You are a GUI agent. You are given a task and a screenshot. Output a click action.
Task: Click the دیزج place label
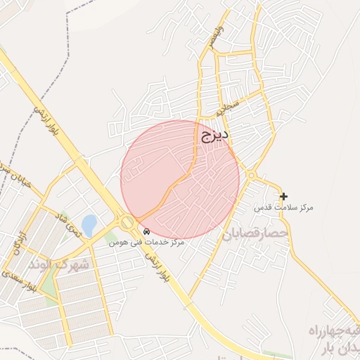pyautogui.click(x=216, y=134)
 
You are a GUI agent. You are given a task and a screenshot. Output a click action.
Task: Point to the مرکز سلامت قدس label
pyautogui.click(x=283, y=208)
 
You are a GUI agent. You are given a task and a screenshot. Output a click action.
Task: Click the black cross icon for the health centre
pyautogui.click(x=283, y=196)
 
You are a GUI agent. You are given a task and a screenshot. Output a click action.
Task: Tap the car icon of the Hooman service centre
pyautogui.click(x=146, y=231)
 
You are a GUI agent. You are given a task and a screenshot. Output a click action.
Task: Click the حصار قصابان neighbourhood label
pyautogui.click(x=255, y=233)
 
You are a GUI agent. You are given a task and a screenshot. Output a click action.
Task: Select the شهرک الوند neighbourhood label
pyautogui.click(x=60, y=265)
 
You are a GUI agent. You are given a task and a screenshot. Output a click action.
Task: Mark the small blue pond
pyautogui.click(x=89, y=226)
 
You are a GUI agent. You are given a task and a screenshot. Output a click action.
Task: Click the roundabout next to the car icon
pyautogui.click(x=127, y=223)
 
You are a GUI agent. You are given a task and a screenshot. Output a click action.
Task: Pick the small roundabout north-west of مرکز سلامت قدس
pyautogui.click(x=251, y=175)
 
